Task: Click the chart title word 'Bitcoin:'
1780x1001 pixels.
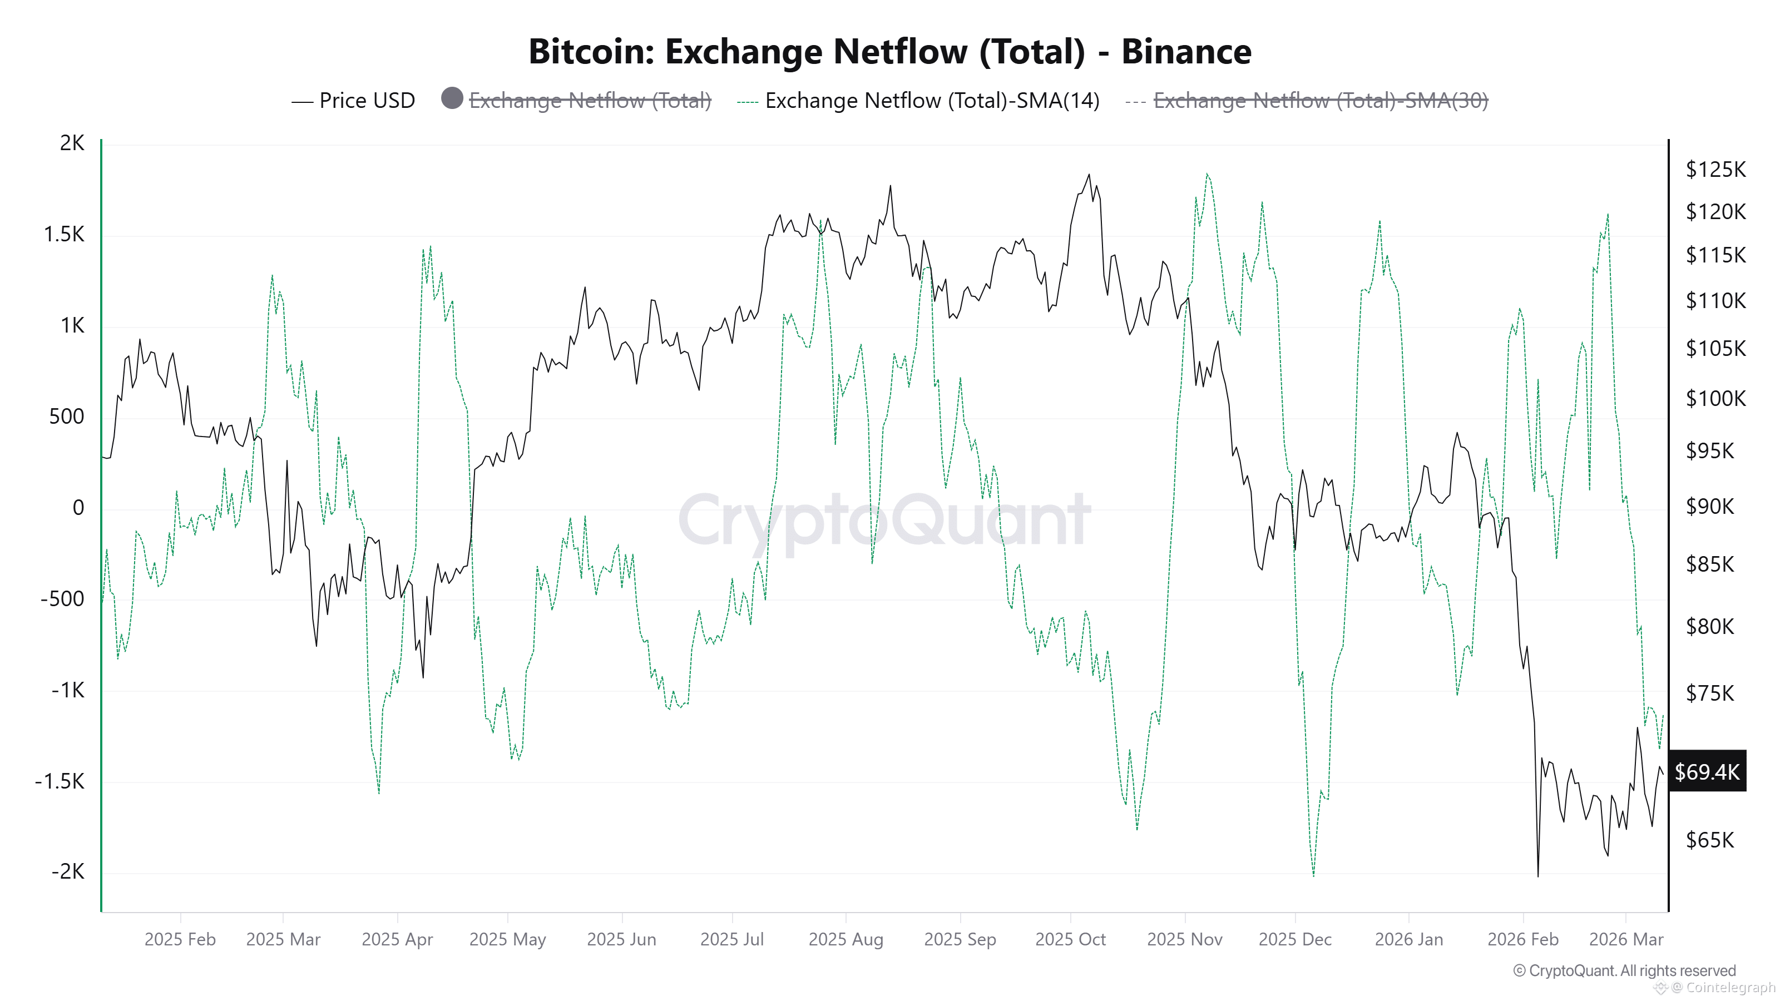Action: [591, 52]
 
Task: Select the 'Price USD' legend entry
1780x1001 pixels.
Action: [366, 101]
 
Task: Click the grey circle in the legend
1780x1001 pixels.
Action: [452, 99]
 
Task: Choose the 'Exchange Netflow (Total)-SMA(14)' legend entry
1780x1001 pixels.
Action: [932, 101]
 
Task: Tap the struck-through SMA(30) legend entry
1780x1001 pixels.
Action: [1320, 101]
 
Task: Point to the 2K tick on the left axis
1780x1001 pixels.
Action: [72, 143]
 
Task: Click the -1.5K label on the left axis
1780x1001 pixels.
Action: [60, 781]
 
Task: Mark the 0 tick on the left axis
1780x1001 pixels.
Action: [78, 508]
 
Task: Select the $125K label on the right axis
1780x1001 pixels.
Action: [1715, 169]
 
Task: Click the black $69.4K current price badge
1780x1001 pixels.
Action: [1707, 772]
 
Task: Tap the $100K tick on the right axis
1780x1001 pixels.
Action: [1715, 399]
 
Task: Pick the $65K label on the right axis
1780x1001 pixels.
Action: [1709, 840]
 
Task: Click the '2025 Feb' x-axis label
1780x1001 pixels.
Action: [180, 939]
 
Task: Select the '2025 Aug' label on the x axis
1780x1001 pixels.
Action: [845, 939]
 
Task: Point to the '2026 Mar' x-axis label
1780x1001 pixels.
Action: [1626, 939]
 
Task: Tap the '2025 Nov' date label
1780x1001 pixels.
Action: [1184, 939]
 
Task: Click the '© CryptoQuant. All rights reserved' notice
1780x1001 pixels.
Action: [1624, 970]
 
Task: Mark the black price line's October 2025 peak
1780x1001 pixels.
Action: [1089, 175]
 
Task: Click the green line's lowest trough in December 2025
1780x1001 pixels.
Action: [1313, 875]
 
